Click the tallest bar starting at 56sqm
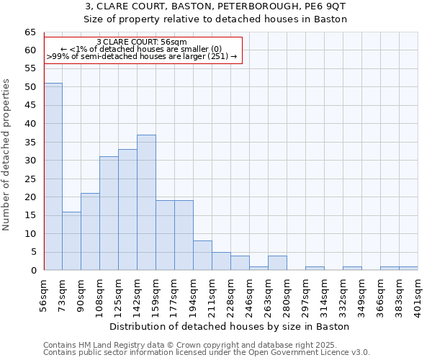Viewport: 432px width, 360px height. click(x=53, y=176)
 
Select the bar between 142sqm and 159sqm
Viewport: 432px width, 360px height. click(x=146, y=202)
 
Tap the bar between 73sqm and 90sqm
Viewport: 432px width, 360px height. click(x=71, y=240)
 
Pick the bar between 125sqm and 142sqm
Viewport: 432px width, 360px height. click(x=127, y=210)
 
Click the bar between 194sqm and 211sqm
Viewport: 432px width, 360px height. click(x=202, y=256)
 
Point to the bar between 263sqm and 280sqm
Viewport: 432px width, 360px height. click(x=277, y=263)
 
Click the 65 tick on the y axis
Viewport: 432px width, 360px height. click(x=30, y=32)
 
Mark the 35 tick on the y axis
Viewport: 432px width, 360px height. click(x=30, y=143)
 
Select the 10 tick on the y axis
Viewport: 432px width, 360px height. click(x=30, y=234)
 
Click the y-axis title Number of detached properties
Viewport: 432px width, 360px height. click(x=7, y=154)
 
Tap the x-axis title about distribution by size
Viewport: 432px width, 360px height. click(x=230, y=326)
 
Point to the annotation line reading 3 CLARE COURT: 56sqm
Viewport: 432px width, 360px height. click(x=142, y=42)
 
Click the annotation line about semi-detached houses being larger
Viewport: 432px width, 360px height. click(x=142, y=56)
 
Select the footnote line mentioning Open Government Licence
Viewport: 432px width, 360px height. click(x=206, y=353)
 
